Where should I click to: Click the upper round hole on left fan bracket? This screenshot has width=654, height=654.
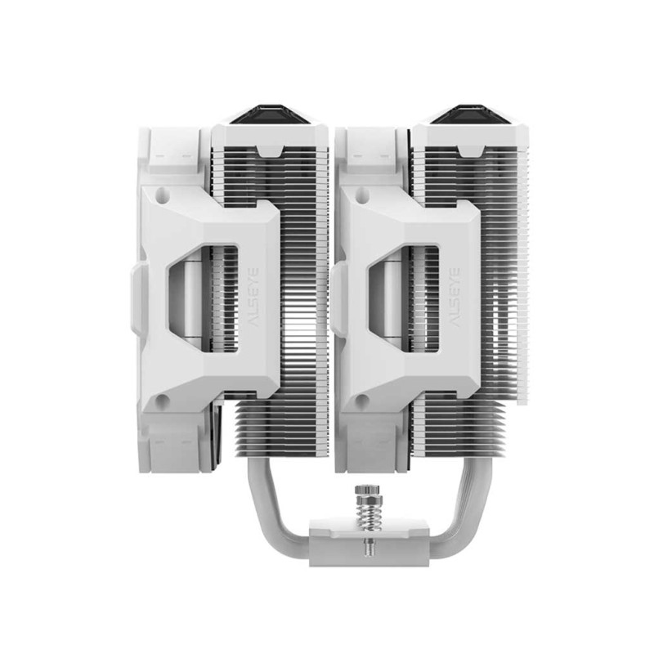[x=163, y=197]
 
